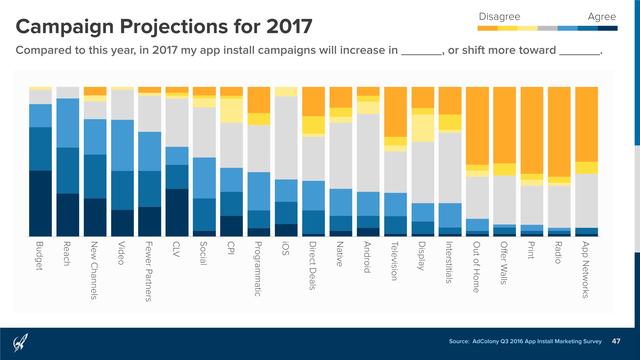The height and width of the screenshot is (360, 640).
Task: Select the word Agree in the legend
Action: click(x=601, y=16)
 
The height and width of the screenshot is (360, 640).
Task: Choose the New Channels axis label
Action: click(x=94, y=270)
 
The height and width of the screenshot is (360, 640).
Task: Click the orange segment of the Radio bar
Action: click(x=559, y=130)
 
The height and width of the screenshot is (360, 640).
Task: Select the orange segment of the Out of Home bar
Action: click(x=477, y=125)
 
